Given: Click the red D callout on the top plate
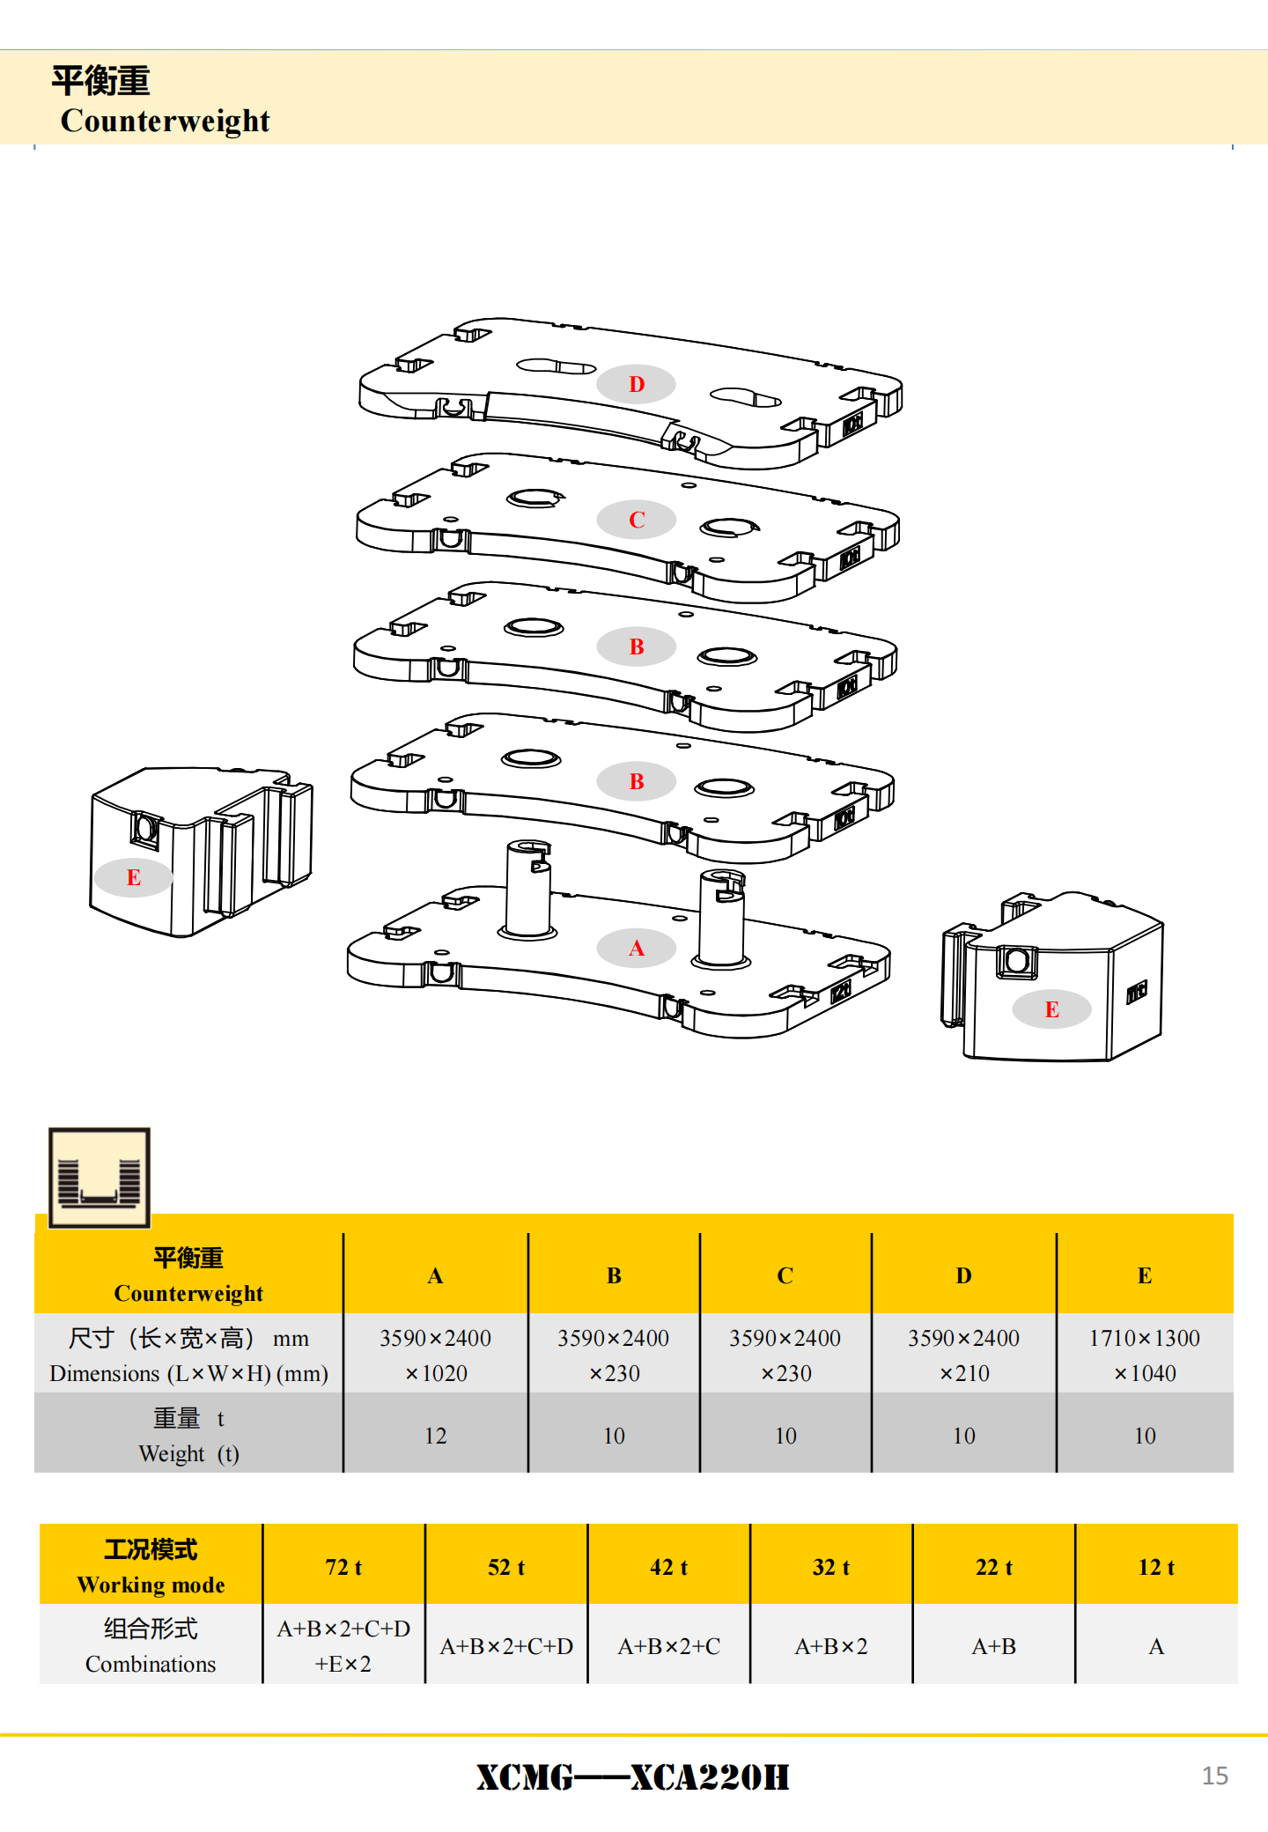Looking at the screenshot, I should (x=636, y=384).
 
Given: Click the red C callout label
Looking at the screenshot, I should (x=636, y=520).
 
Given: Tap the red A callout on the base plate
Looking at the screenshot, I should (x=636, y=949).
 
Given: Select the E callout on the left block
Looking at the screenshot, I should (x=133, y=877).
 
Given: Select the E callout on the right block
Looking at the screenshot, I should (x=1051, y=1009).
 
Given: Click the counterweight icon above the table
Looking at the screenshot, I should (x=99, y=1178).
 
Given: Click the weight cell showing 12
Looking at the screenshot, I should (x=435, y=1436).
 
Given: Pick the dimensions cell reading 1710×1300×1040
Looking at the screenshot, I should (x=1144, y=1355).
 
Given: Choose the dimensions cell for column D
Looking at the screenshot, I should (x=963, y=1355).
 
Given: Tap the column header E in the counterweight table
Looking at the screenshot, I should (x=1144, y=1275).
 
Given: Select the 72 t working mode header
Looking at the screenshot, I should (x=343, y=1567).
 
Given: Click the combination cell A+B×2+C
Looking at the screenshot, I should (x=668, y=1646).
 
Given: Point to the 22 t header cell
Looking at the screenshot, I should (x=993, y=1567).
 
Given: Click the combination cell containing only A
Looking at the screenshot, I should (x=1156, y=1646).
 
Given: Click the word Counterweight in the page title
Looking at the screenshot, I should (x=165, y=121).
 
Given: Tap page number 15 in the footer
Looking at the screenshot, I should (x=1214, y=1776).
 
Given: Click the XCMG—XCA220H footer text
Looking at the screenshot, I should (x=632, y=1777).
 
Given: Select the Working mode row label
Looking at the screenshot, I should (x=151, y=1567).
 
